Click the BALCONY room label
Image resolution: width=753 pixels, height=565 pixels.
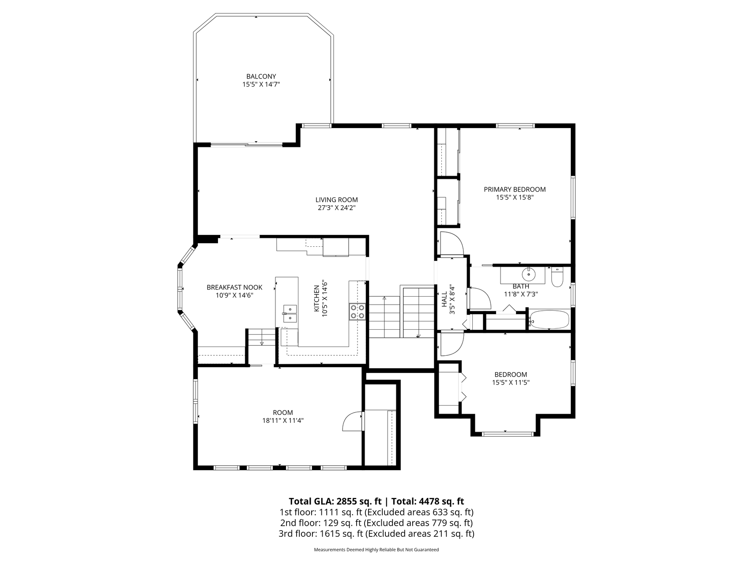[261, 76]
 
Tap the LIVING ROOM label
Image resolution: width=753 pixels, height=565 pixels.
[336, 200]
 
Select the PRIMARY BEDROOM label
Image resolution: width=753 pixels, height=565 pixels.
[515, 189]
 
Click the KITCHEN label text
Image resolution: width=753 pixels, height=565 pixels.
[316, 299]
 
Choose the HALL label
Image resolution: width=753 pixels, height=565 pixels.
[444, 299]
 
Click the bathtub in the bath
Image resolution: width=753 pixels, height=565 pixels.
[549, 320]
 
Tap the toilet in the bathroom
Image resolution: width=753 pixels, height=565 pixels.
[557, 276]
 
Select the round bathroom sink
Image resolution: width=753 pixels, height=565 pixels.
[528, 275]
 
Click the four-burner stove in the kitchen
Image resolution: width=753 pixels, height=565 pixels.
[358, 311]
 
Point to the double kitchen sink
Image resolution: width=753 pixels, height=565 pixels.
[290, 313]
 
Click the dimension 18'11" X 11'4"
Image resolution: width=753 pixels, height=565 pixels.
[283, 421]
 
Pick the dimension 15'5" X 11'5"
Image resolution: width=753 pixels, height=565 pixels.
[511, 383]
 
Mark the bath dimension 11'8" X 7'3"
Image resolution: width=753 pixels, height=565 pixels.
[521, 294]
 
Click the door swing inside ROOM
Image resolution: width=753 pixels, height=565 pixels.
[352, 421]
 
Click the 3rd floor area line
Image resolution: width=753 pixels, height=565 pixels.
[376, 534]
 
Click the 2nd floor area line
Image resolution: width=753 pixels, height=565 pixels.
[376, 523]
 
